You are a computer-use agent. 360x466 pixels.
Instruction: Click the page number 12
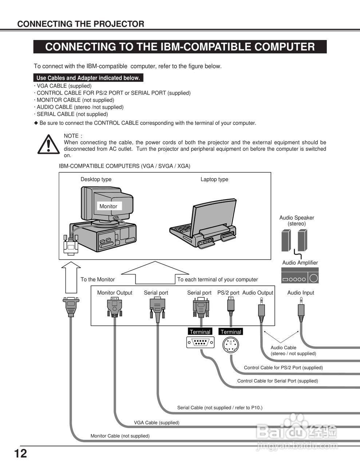coord(21,454)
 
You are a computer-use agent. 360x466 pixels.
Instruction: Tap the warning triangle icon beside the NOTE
coord(48,144)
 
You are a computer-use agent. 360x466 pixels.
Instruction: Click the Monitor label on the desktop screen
coord(108,206)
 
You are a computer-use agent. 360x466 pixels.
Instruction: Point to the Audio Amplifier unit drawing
coord(300,276)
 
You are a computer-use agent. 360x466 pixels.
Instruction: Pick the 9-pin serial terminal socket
coord(200,343)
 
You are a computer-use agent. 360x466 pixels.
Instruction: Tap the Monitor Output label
coord(115,293)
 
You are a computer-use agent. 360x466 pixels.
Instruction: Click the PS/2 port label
coord(228,293)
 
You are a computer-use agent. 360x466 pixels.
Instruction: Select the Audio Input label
coord(301,293)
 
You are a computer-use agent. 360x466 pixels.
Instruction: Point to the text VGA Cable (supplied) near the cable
coord(157,423)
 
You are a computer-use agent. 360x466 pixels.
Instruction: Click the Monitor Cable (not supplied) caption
coord(120,436)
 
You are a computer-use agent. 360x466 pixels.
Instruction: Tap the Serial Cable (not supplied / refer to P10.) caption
coord(219,408)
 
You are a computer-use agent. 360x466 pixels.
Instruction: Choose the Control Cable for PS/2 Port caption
coord(283,368)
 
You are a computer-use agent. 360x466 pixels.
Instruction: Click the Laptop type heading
coord(214,179)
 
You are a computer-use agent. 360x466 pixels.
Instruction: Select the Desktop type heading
coord(96,179)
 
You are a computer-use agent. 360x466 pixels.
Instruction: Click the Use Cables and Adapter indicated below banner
coord(88,78)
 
